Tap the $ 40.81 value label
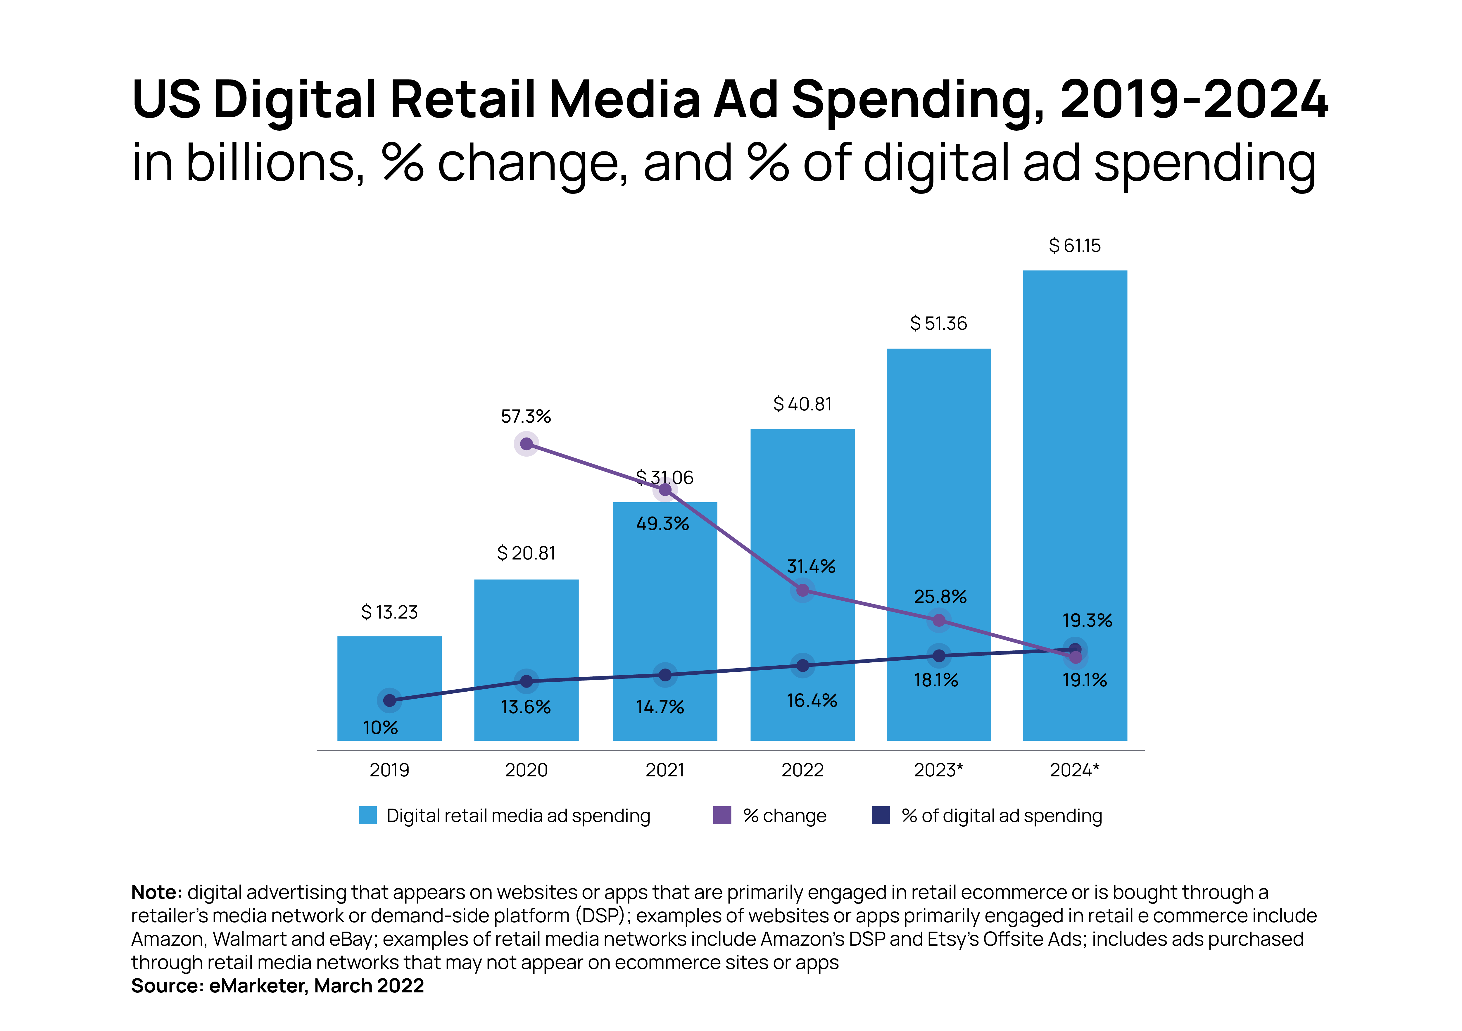[802, 404]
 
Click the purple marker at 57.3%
[526, 444]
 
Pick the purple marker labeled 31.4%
[802, 590]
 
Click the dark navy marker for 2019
[389, 700]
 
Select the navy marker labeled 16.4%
[802, 666]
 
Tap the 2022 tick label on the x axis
[802, 771]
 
